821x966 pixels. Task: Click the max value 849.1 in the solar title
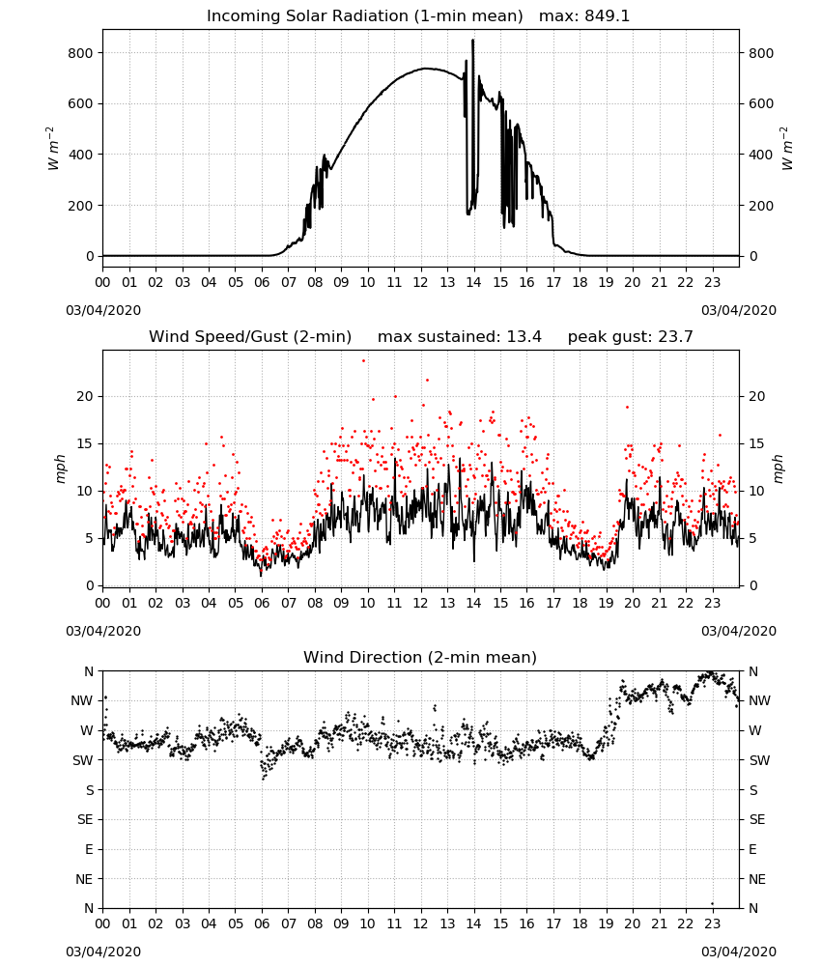pos(607,16)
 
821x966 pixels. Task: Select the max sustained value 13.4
pos(524,337)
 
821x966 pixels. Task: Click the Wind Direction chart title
pos(420,657)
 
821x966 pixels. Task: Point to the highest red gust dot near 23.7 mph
pos(363,361)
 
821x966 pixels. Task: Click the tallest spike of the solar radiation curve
pos(473,41)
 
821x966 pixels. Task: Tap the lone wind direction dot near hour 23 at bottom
pos(712,904)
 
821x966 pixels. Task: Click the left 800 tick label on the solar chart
pos(81,53)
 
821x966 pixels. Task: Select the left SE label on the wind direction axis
pos(86,819)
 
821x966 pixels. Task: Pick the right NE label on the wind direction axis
pos(757,879)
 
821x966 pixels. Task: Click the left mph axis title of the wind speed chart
pos(60,469)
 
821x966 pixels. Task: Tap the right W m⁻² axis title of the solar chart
pos(787,149)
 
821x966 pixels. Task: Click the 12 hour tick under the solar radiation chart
pos(421,282)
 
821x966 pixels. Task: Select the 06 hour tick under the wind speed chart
pos(262,603)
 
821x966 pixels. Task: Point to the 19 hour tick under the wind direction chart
pos(606,924)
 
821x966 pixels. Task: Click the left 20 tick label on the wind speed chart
pos(84,396)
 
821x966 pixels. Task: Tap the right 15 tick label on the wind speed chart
pos(757,443)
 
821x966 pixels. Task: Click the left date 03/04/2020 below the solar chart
pos(103,310)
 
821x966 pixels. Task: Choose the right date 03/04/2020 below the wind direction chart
pos(739,952)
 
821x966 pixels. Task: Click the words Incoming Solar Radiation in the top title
pos(307,16)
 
